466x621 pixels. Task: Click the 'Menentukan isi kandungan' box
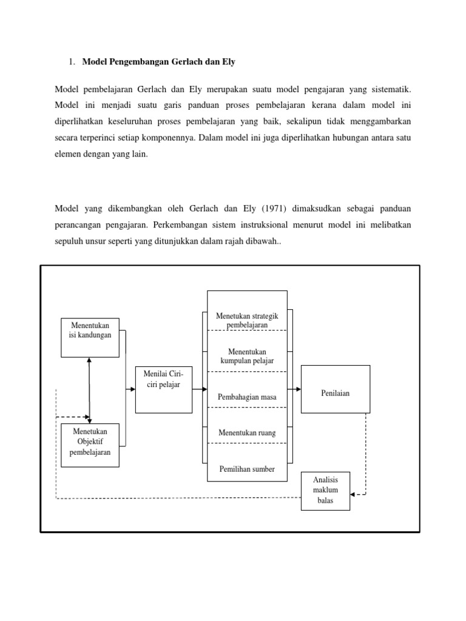(90, 337)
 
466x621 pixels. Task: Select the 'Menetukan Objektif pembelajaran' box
(90, 445)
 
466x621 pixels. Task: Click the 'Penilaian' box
(335, 389)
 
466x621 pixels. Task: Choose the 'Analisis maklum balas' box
(325, 490)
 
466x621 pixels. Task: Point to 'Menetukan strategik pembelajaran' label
(247, 321)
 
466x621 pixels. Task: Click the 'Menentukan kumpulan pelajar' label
(247, 356)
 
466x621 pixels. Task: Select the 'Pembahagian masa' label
(247, 397)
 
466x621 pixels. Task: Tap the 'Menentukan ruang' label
(247, 433)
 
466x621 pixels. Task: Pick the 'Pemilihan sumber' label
(247, 469)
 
